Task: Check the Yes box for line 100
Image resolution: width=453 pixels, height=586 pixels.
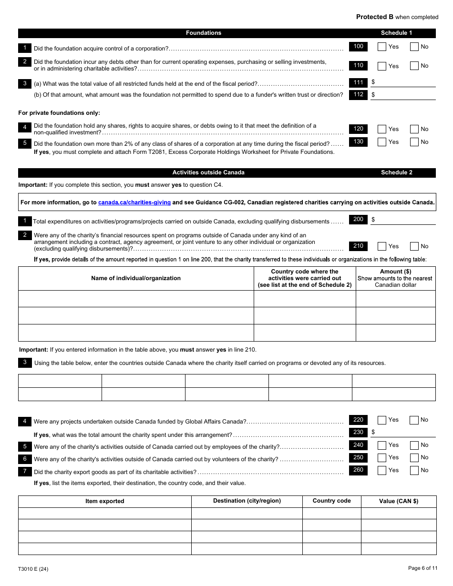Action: pos(382,47)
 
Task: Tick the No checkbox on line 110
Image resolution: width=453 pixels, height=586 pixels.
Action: pos(414,66)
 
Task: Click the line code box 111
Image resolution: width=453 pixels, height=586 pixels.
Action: pos(358,82)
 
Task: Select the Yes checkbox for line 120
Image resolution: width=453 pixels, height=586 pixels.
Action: pos(382,129)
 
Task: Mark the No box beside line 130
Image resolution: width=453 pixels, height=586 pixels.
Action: pos(414,142)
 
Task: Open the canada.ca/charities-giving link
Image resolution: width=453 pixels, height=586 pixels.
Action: pos(134,202)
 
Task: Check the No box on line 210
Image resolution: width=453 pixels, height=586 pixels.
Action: pos(414,246)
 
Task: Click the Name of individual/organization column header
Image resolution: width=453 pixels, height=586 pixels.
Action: pos(136,278)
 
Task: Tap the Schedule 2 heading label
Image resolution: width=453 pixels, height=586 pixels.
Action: pos(396,172)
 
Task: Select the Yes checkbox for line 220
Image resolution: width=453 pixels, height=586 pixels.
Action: pos(382,420)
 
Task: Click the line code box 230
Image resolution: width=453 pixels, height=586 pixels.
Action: pos(358,432)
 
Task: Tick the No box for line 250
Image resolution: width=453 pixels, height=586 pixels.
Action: pos(414,458)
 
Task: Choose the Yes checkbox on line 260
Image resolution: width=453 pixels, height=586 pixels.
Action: pos(382,471)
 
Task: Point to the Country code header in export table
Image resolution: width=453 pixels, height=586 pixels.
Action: pos(331,501)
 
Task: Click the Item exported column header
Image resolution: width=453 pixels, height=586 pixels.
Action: pos(105,501)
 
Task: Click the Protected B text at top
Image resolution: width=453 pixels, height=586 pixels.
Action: pos(374,17)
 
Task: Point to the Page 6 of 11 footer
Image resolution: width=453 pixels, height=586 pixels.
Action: pos(422,568)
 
